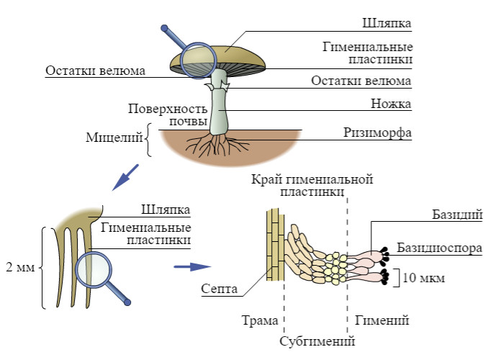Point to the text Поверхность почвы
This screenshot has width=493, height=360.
tap(168, 115)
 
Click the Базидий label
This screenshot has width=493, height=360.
tap(456, 215)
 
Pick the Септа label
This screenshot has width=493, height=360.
tap(220, 288)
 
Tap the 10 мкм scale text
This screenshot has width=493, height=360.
tap(424, 276)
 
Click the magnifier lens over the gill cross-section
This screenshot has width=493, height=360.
tap(94, 270)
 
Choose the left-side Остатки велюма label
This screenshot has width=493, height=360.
tap(95, 71)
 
